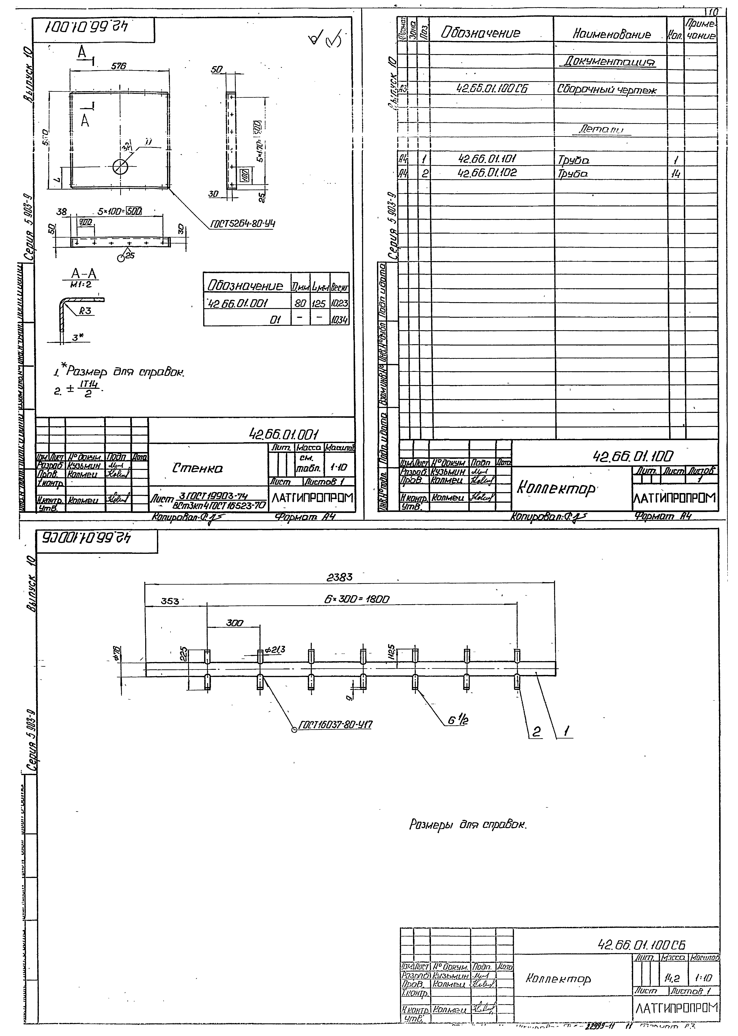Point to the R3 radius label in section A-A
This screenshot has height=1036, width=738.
(x=84, y=311)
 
